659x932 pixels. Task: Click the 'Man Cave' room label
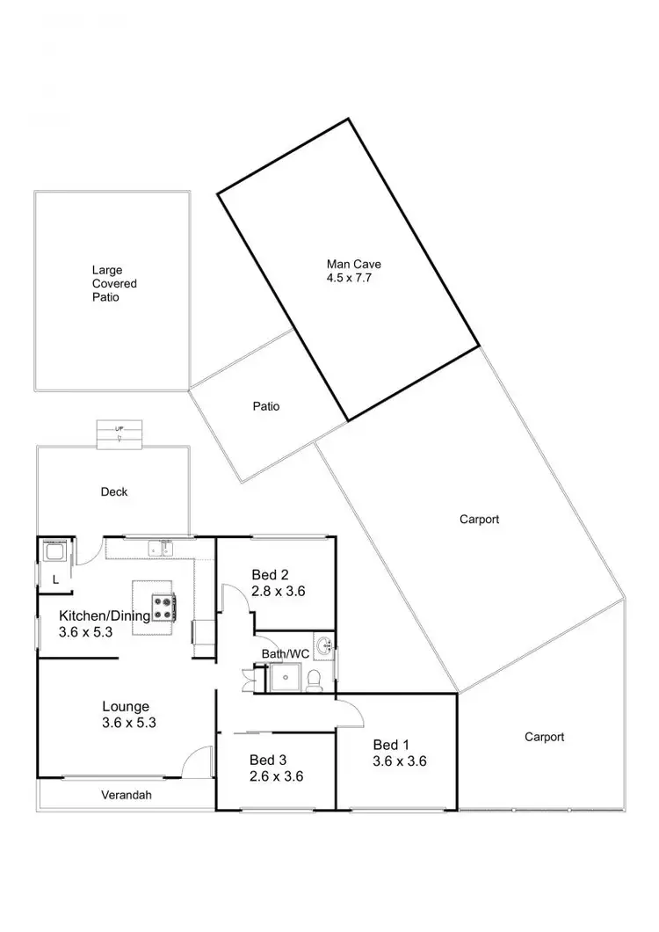(x=354, y=263)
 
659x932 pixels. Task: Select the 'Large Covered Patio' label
(x=114, y=284)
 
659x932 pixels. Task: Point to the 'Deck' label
(x=114, y=491)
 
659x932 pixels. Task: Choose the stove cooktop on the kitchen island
(x=163, y=607)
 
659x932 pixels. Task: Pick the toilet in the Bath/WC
(x=315, y=679)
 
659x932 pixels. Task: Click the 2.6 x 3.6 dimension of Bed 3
(x=277, y=775)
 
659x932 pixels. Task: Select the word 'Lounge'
(x=126, y=706)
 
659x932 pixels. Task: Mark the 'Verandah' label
(x=127, y=796)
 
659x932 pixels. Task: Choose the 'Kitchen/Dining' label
(x=104, y=615)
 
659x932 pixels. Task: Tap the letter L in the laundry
(x=54, y=579)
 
